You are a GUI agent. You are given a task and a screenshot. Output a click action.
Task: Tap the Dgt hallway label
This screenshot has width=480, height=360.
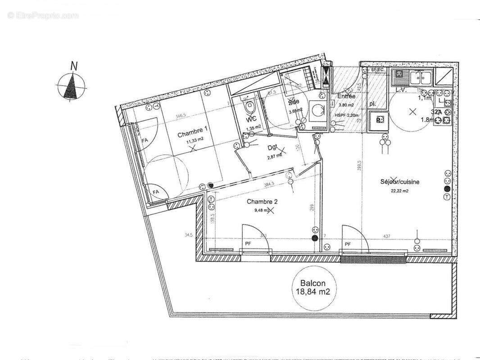pos(273,147)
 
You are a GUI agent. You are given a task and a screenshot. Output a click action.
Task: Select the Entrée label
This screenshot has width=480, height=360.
pos(346,96)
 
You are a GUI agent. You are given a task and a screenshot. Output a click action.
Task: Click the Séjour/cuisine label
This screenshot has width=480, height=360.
pos(399,182)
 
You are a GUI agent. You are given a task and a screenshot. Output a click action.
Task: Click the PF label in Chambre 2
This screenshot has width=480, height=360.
pos(248,244)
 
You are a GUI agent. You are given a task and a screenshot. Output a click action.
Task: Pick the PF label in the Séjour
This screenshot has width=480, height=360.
pos(347,244)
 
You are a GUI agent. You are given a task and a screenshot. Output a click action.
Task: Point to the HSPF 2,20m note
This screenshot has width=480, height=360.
pos(347,115)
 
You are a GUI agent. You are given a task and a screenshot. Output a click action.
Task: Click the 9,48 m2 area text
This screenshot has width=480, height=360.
pos(260,209)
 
